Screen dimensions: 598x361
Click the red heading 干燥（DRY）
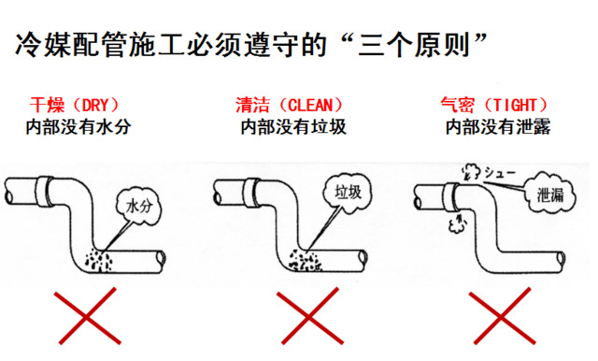tap(75, 105)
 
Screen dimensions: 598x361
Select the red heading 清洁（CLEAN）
tap(289, 105)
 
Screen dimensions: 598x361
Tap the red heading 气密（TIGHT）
tap(494, 105)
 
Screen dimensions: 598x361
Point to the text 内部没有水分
tap(78, 127)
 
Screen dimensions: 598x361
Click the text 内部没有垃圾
tap(293, 127)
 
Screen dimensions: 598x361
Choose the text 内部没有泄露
tap(498, 127)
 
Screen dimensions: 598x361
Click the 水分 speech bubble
tap(139, 207)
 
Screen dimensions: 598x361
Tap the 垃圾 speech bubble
tap(348, 192)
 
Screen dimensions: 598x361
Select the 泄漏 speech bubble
tap(550, 193)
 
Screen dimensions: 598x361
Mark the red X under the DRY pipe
tap(87, 316)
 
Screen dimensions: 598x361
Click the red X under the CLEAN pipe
tap(309, 316)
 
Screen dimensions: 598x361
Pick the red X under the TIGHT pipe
tap(502, 316)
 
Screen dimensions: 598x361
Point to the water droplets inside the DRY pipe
tap(98, 260)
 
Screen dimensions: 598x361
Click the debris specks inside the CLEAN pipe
tap(306, 260)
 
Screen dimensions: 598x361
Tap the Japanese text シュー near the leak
tap(500, 173)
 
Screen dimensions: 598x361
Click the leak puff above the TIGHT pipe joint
tap(471, 171)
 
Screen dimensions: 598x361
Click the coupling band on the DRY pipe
tap(46, 191)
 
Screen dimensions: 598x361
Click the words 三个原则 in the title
tap(413, 46)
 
